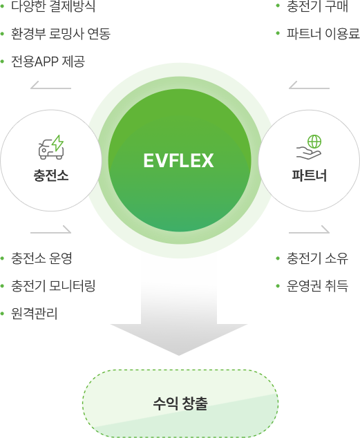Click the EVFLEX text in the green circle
point(179,160)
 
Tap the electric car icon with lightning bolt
point(51,147)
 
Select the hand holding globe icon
point(309,147)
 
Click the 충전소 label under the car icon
point(51,175)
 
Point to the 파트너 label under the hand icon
point(309,175)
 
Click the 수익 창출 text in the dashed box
point(180,403)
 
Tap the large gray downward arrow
point(179,318)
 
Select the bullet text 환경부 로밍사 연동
point(61,34)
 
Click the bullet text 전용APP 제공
point(48,61)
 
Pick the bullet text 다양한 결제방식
point(53,6)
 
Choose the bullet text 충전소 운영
point(41,258)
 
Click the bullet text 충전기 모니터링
point(53,286)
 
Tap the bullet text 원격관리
point(34,314)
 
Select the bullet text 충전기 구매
point(317,6)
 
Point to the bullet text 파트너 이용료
point(323,34)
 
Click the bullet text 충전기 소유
point(317,258)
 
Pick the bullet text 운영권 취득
point(317,286)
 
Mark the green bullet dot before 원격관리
point(2,314)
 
